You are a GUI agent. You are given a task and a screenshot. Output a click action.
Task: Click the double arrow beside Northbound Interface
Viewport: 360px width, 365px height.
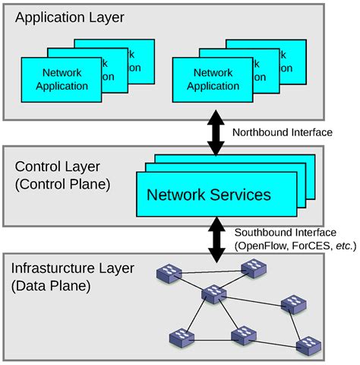(215, 132)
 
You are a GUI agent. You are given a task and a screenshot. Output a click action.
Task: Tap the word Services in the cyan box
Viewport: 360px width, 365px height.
(239, 195)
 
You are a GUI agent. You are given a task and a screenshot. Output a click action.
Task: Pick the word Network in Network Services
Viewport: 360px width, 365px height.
(175, 195)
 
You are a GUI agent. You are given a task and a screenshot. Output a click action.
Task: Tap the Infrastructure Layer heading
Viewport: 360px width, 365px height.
(72, 268)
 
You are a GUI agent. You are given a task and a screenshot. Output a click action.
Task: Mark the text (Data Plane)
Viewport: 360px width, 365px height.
(50, 286)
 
